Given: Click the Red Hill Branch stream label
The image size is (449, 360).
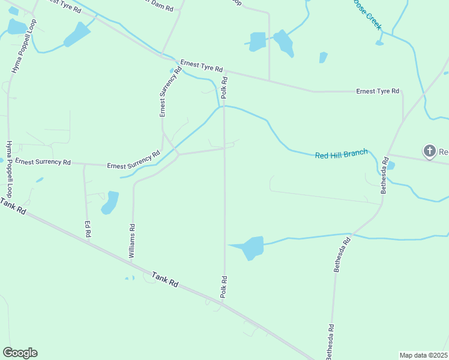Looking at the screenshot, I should point(341,154).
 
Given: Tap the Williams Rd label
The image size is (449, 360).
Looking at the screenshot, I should point(132,241).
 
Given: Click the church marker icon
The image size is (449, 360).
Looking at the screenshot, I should point(430,151).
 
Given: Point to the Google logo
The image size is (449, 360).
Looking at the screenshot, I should point(20,353).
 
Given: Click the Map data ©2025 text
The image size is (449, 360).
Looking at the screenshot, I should point(423,355).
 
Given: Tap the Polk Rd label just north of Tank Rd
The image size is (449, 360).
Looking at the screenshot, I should point(223,287).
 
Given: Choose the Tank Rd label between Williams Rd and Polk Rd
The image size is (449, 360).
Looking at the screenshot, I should point(165,280).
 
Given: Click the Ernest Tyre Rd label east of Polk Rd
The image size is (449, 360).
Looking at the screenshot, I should point(378,91).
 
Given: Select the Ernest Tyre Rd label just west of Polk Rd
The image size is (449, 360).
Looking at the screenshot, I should point(202,66).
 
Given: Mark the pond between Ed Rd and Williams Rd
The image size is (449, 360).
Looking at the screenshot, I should point(110,202).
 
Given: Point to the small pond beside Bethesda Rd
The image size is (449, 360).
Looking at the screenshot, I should point(391,165).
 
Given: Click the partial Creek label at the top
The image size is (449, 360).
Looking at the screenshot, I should point(366,16).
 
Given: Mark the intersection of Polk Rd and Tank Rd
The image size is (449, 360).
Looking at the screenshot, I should point(224,302).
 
